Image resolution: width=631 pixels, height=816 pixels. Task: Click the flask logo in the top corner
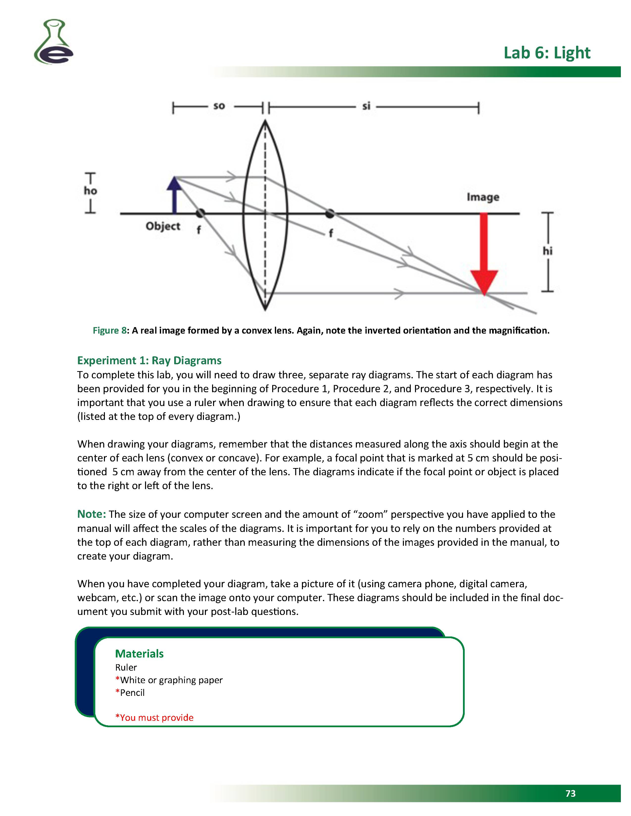(54, 42)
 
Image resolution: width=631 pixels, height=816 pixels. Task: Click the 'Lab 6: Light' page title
(546, 53)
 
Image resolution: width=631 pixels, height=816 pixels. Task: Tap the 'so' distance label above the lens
(219, 106)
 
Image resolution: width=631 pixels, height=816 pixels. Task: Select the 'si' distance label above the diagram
(366, 106)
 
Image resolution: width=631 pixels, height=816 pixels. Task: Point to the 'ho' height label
(90, 191)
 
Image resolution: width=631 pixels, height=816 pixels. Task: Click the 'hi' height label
(547, 251)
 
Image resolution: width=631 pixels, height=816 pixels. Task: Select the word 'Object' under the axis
(163, 226)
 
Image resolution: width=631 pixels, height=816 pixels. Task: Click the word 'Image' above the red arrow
(483, 197)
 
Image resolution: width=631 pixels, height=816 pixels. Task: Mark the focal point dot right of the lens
(329, 213)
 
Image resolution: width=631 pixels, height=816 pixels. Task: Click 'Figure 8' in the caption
(109, 330)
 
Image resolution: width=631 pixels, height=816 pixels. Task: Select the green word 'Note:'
(91, 514)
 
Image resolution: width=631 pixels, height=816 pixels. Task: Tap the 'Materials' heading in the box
(139, 653)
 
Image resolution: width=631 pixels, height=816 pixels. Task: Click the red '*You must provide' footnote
(154, 717)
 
